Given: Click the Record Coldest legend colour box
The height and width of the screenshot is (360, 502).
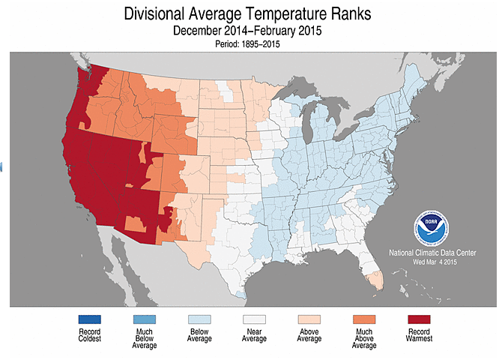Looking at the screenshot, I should coord(88,319).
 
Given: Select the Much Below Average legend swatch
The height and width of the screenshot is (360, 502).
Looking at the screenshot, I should coord(145,319).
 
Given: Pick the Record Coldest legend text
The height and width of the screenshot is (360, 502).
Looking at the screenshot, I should coord(88,336).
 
